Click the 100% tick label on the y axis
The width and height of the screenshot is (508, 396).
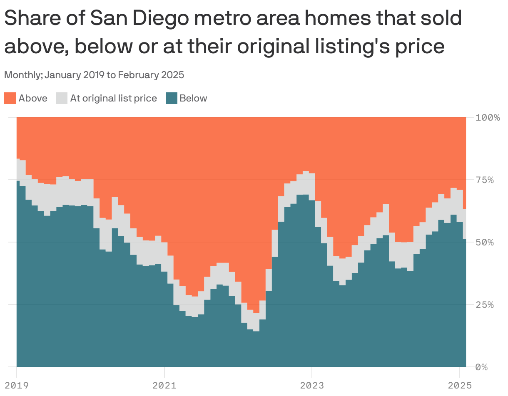488,117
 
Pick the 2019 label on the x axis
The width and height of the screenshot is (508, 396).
17,385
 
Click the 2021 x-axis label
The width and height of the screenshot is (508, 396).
164,385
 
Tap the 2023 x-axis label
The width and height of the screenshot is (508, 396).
312,385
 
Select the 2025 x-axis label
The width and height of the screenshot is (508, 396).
460,385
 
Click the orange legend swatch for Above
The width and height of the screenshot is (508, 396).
10,99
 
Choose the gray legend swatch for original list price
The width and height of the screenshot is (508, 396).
62,99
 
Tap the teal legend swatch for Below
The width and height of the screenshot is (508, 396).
172,99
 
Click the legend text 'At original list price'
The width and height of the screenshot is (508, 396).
113,99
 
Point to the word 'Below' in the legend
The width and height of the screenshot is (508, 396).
193,99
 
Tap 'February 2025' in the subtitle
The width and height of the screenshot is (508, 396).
152,75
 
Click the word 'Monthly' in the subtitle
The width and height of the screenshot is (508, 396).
22,75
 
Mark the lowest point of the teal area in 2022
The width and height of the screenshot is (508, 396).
256,331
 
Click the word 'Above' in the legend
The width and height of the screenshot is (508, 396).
33,99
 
